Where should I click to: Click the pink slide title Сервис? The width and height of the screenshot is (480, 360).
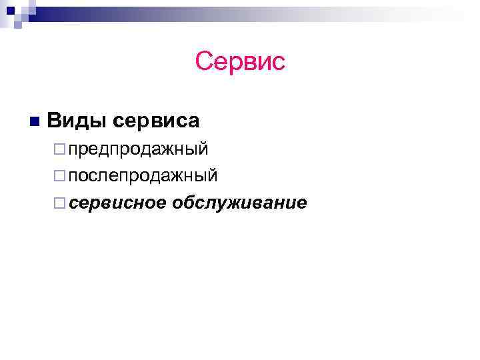(240, 62)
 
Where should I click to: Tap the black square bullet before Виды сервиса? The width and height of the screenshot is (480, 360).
(34, 121)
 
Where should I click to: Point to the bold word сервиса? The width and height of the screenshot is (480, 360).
(157, 121)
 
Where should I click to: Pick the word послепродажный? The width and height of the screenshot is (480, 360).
(143, 176)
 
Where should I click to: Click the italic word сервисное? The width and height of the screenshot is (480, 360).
(117, 202)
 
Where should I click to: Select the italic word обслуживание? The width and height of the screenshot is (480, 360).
(239, 203)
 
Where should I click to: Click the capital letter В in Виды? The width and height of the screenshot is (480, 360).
(55, 121)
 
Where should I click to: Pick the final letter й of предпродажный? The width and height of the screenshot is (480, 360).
(204, 147)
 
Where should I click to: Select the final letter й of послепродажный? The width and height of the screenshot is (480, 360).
(213, 175)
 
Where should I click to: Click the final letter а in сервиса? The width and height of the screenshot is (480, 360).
(193, 122)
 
